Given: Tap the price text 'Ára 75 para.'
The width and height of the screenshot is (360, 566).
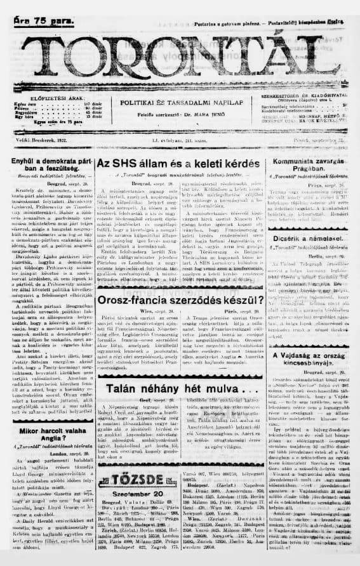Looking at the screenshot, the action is coord(43,20).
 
